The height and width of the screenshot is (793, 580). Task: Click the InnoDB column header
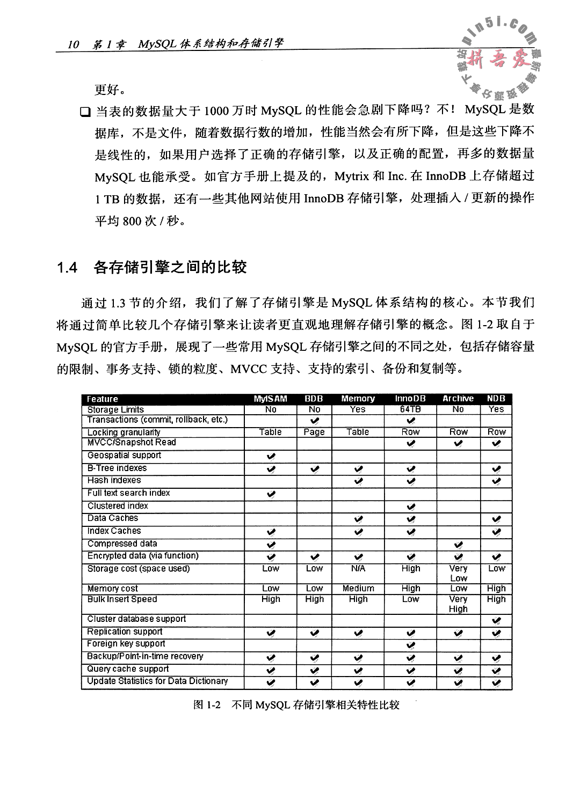tap(410, 399)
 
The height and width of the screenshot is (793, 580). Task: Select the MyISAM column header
tap(270, 399)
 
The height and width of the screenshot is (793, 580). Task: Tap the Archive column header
tap(458, 399)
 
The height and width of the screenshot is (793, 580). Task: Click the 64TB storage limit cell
tap(410, 409)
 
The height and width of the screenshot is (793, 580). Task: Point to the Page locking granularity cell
tap(314, 432)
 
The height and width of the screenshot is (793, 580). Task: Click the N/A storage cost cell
tap(358, 569)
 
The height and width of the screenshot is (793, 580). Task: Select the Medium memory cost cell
tap(358, 589)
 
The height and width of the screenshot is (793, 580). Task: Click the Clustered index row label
tap(118, 506)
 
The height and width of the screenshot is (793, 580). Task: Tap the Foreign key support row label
tap(126, 644)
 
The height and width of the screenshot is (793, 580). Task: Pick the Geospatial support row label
tap(124, 456)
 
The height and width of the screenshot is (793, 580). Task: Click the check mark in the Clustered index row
tap(411, 506)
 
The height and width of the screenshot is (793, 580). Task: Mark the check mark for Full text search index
tap(271, 494)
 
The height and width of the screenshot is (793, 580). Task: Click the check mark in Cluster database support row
tap(496, 620)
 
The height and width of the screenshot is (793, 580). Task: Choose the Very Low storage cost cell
tap(458, 573)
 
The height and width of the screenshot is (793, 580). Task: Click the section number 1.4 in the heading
tap(68, 268)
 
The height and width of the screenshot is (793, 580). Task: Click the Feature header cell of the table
tap(103, 399)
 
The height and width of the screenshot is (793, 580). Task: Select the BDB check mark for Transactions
tap(315, 420)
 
